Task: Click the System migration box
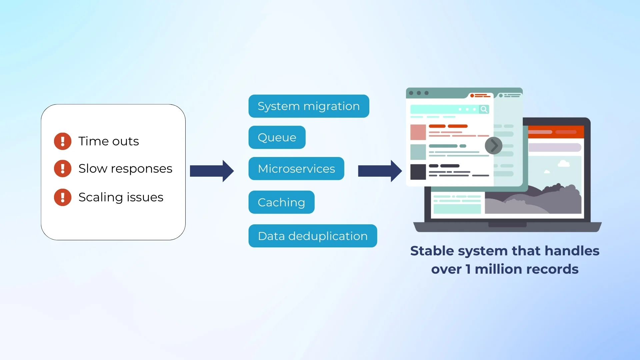coord(309,106)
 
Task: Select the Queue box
coord(277,137)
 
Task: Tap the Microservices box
coord(296,169)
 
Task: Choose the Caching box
coord(281,202)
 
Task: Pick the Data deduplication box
coord(312,236)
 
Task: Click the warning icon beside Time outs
coord(63,141)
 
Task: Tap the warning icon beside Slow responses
coord(63,168)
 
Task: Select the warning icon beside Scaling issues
coord(63,197)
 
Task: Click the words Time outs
coord(109,141)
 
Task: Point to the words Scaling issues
coord(121,197)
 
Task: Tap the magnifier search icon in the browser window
coord(484,109)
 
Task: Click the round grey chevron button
coord(493,146)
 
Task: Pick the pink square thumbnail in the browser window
coord(418,132)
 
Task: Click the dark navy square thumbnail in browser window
coord(418,172)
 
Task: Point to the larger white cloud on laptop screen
coord(564,164)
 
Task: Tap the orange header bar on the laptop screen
coord(555,132)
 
